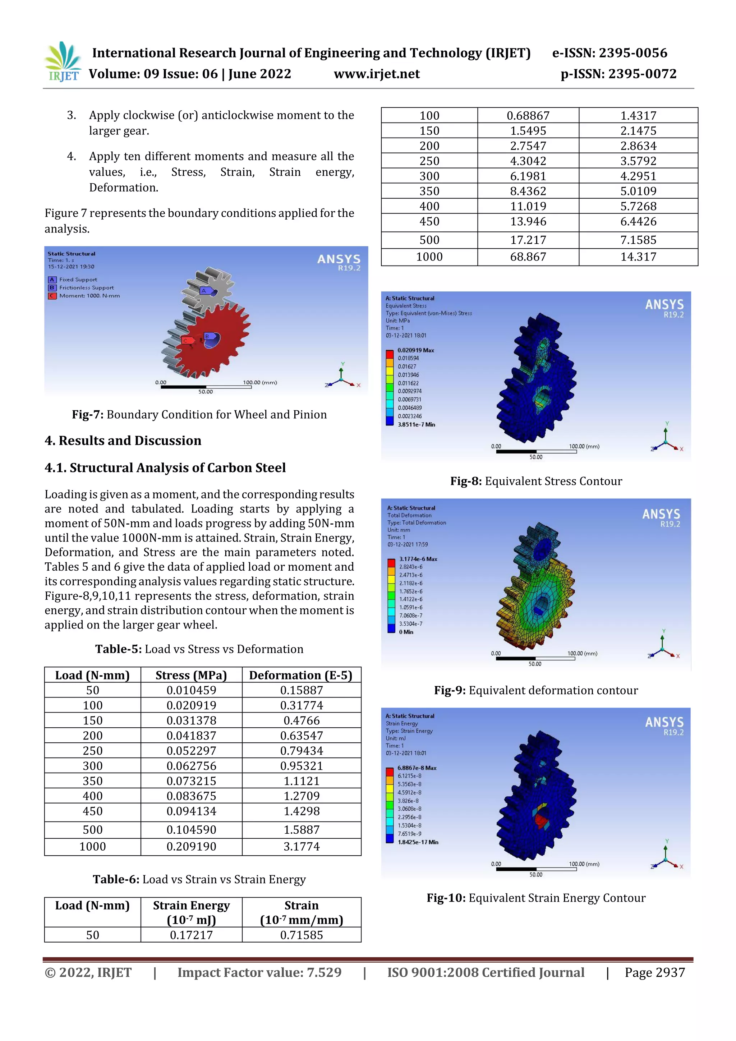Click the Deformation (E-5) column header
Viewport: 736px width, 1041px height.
[x=301, y=675]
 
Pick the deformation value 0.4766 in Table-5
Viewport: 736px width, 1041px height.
[x=301, y=720]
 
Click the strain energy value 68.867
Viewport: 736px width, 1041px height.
[x=528, y=257]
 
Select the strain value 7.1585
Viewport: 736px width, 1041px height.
[x=638, y=240]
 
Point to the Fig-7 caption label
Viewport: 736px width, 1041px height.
[x=88, y=414]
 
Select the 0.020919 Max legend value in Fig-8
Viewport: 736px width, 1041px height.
[x=415, y=350]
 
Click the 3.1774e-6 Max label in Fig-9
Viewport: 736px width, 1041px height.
[x=418, y=559]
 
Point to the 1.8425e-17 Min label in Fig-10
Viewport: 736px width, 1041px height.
[x=417, y=842]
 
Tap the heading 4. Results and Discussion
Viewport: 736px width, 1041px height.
[x=123, y=441]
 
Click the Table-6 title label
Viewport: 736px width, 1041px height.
[x=116, y=879]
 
